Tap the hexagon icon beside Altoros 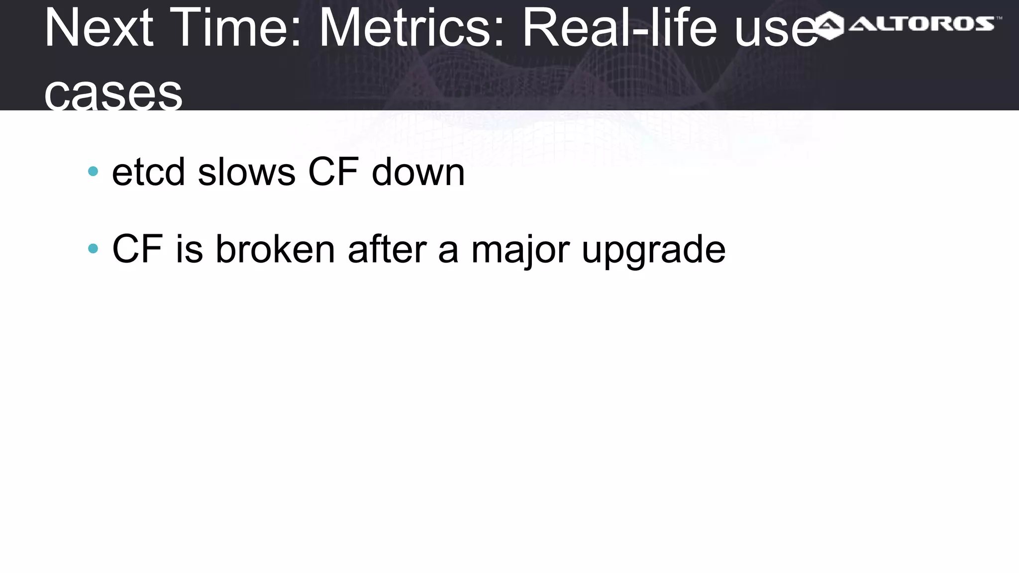[829, 25]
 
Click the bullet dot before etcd [93, 172]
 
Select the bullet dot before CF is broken [93, 248]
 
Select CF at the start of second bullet [137, 249]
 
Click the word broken [275, 249]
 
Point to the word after [387, 249]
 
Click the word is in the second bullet [190, 249]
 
